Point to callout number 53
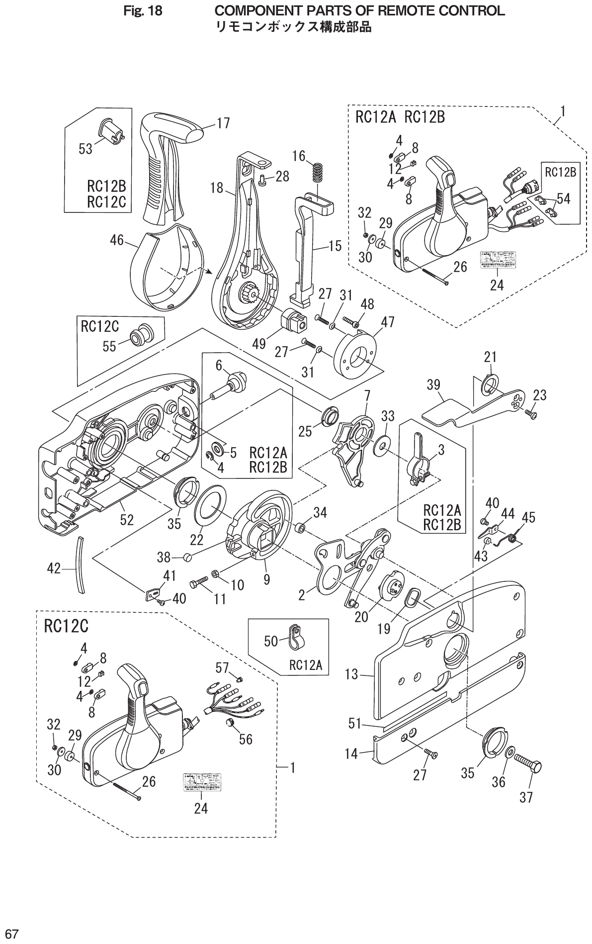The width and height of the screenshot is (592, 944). click(x=85, y=149)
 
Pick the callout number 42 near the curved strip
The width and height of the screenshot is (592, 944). click(x=54, y=568)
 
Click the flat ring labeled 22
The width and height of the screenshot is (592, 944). click(x=211, y=508)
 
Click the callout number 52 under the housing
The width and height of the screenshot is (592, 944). click(x=127, y=520)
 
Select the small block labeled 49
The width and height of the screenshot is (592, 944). click(x=297, y=320)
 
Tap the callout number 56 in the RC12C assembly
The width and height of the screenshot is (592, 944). click(x=245, y=739)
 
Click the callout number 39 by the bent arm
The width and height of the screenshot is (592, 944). click(x=433, y=385)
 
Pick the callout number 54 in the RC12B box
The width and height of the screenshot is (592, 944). click(x=563, y=198)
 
